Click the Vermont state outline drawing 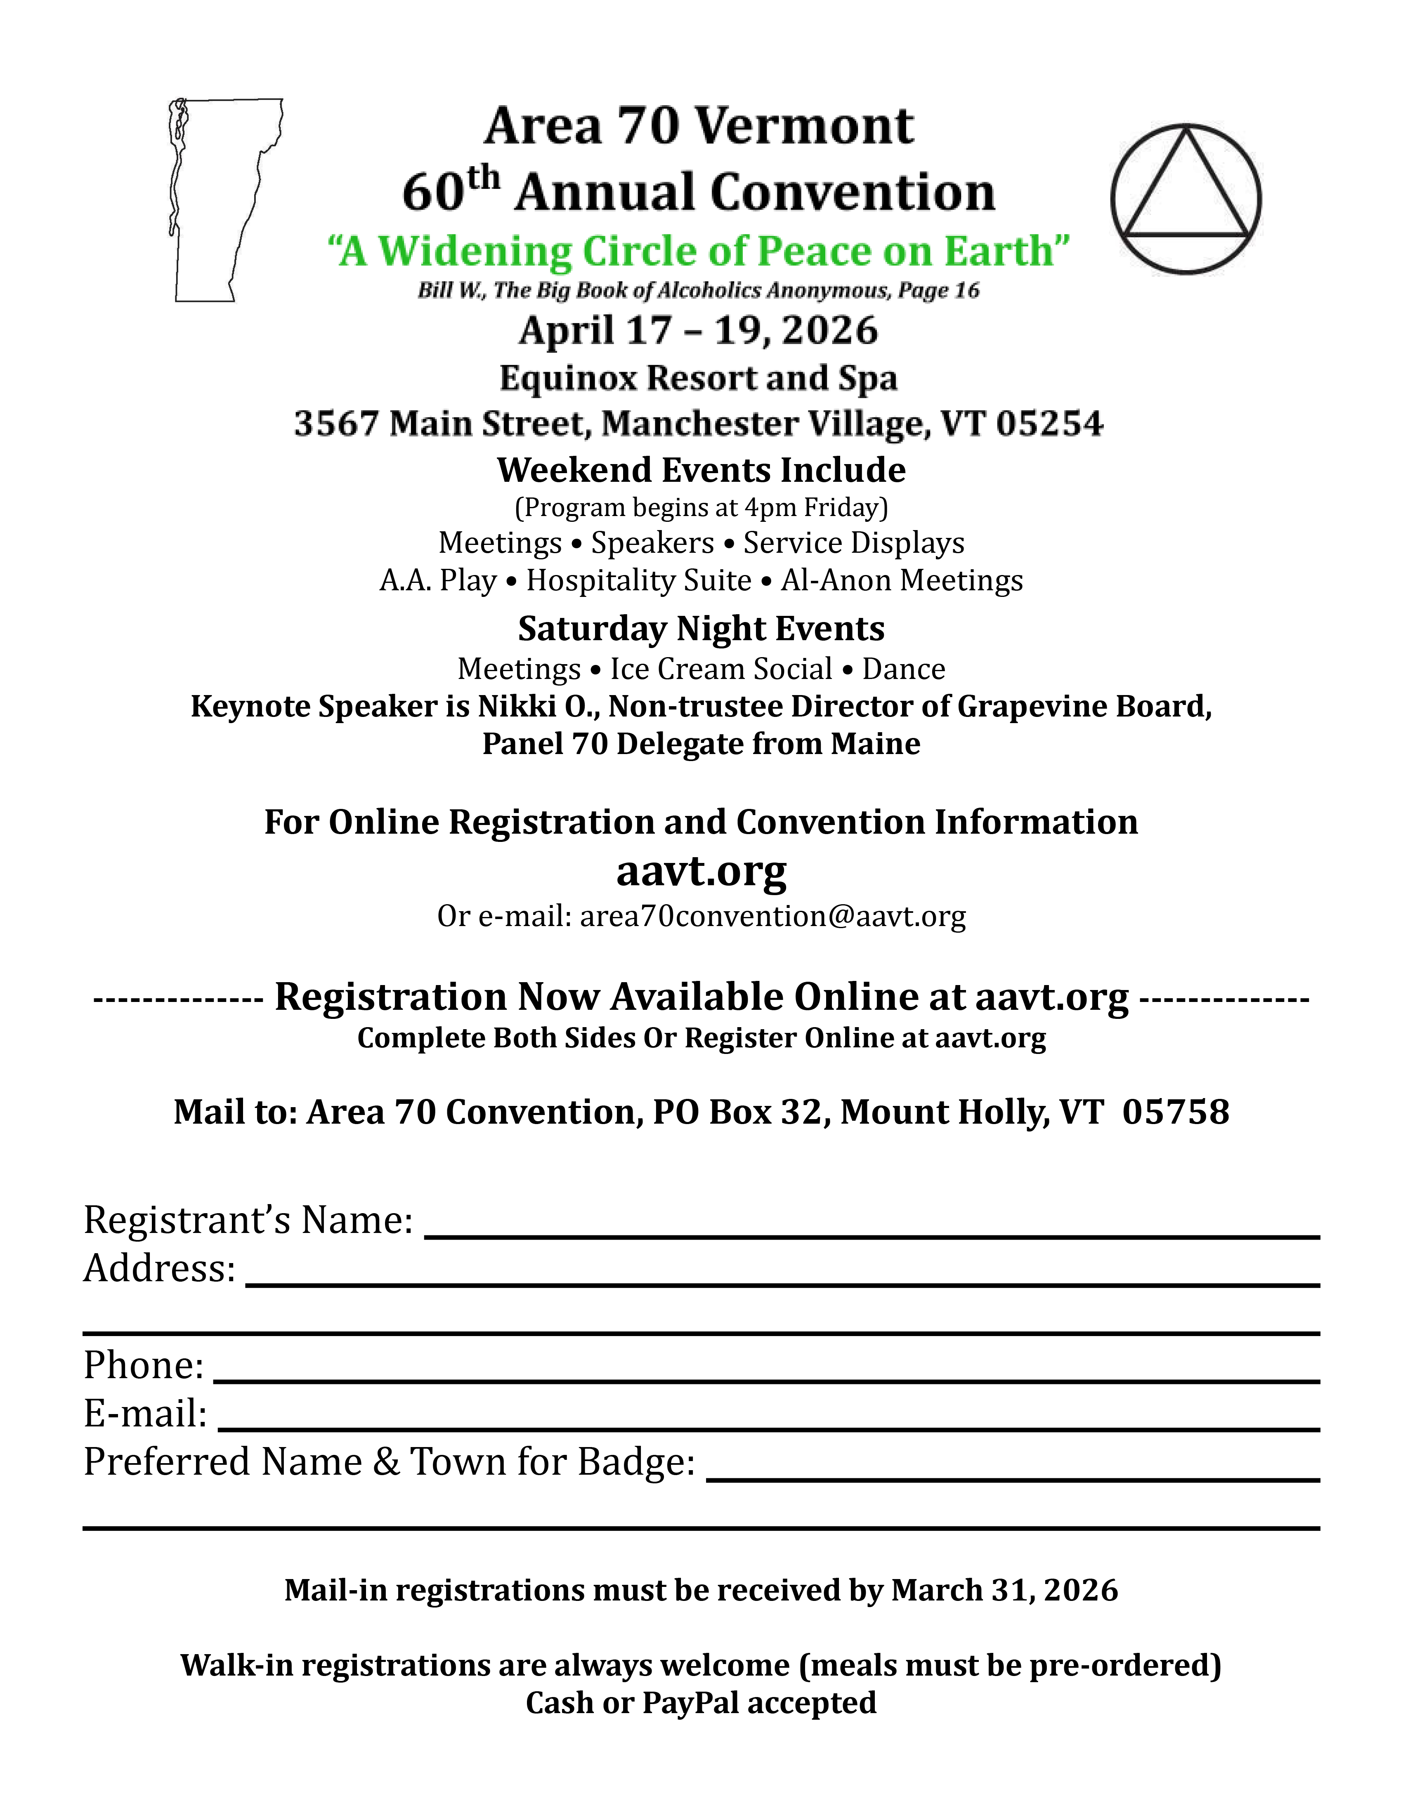(220, 200)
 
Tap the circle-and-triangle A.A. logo (1185, 200)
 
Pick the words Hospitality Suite (638, 580)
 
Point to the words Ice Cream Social (720, 669)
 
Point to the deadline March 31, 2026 (1004, 1590)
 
